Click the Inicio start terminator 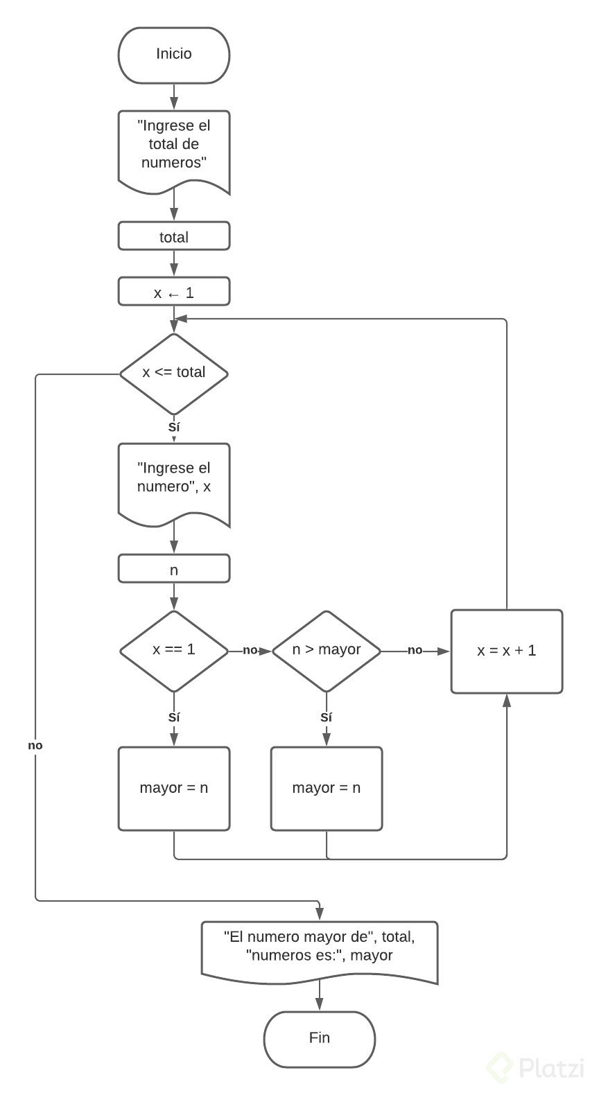click(173, 55)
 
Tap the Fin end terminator click(319, 1038)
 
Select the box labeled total click(173, 236)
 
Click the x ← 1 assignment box click(173, 292)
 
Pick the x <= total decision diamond click(173, 373)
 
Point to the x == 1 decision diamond click(173, 650)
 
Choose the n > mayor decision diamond click(326, 650)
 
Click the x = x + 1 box click(506, 651)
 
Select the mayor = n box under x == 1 click(173, 788)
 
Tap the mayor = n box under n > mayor click(326, 788)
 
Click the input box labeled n click(173, 569)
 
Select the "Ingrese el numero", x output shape click(173, 480)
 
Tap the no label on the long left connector click(35, 746)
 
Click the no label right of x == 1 click(250, 650)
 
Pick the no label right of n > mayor click(415, 650)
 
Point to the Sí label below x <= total click(174, 428)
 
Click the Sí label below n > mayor click(326, 718)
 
